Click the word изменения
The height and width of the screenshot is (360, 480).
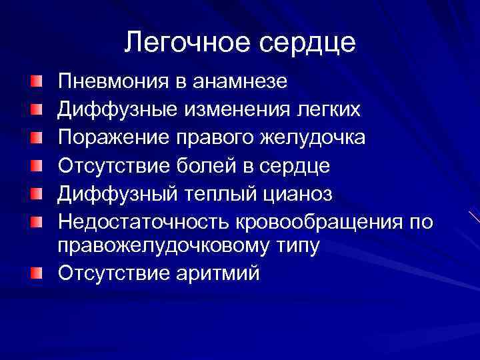point(241,109)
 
